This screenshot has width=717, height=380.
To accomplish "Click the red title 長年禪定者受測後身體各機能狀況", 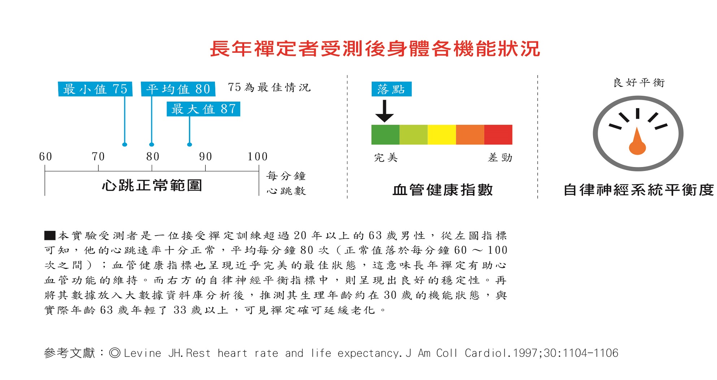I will coord(375,49).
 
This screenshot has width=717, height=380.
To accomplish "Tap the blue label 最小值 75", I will coord(95,89).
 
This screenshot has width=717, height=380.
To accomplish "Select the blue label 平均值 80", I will coord(178,89).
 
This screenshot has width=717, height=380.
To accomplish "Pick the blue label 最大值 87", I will coord(203,109).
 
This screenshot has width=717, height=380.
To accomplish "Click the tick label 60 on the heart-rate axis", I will coord(46,157).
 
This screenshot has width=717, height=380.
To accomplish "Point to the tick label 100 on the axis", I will coord(258,157).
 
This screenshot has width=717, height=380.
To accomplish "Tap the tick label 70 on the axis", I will coord(98,157).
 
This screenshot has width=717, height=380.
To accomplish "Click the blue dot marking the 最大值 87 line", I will coord(190,145).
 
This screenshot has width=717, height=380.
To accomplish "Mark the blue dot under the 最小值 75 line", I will coord(125,145).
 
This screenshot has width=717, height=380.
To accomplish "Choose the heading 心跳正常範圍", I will coord(152,185).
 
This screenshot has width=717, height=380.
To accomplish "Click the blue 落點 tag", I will coord(391,89).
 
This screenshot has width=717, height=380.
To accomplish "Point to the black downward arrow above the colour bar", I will coord(384,111).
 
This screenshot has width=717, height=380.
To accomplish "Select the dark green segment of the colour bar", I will coord(385,135).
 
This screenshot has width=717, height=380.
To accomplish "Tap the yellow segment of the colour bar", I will coord(442,135).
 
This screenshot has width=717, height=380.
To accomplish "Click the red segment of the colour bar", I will coord(498,135).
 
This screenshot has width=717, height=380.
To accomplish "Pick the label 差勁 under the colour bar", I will coord(500,158).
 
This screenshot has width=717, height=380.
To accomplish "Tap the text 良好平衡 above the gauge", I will coord(639,83).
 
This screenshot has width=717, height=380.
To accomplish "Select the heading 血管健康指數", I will coord(442,190).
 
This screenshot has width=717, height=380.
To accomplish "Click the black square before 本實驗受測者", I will coord(50,236).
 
